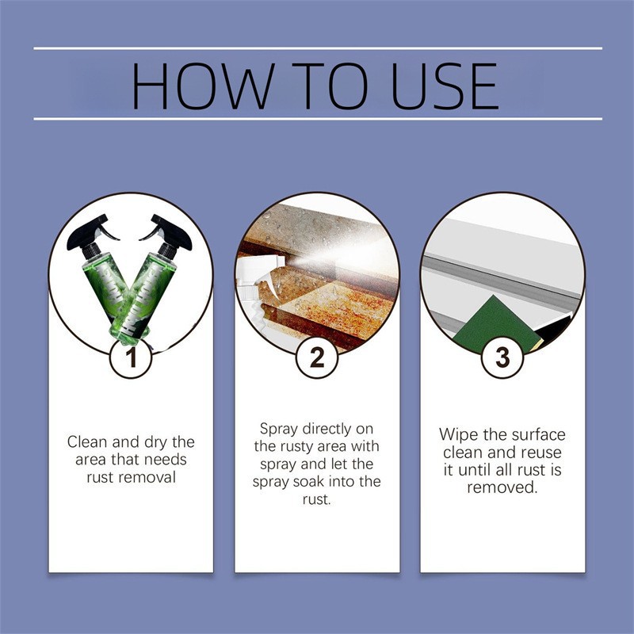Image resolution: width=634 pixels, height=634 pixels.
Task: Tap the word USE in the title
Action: pyautogui.click(x=445, y=86)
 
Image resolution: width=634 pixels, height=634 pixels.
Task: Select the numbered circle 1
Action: pyautogui.click(x=131, y=358)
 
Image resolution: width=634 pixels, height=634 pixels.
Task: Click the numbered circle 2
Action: pyautogui.click(x=317, y=358)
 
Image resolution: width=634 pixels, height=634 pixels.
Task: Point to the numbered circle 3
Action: pyautogui.click(x=502, y=358)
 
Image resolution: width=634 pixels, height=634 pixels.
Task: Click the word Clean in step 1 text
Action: pyautogui.click(x=88, y=442)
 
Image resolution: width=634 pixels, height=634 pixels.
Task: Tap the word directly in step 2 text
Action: pyautogui.click(x=327, y=429)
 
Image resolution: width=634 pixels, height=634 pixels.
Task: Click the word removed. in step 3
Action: pyautogui.click(x=502, y=487)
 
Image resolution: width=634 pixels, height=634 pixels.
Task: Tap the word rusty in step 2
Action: pyautogui.click(x=295, y=447)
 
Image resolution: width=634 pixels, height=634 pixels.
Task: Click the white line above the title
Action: pyautogui.click(x=318, y=48)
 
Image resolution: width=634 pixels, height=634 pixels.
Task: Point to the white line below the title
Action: pyautogui.click(x=318, y=119)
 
